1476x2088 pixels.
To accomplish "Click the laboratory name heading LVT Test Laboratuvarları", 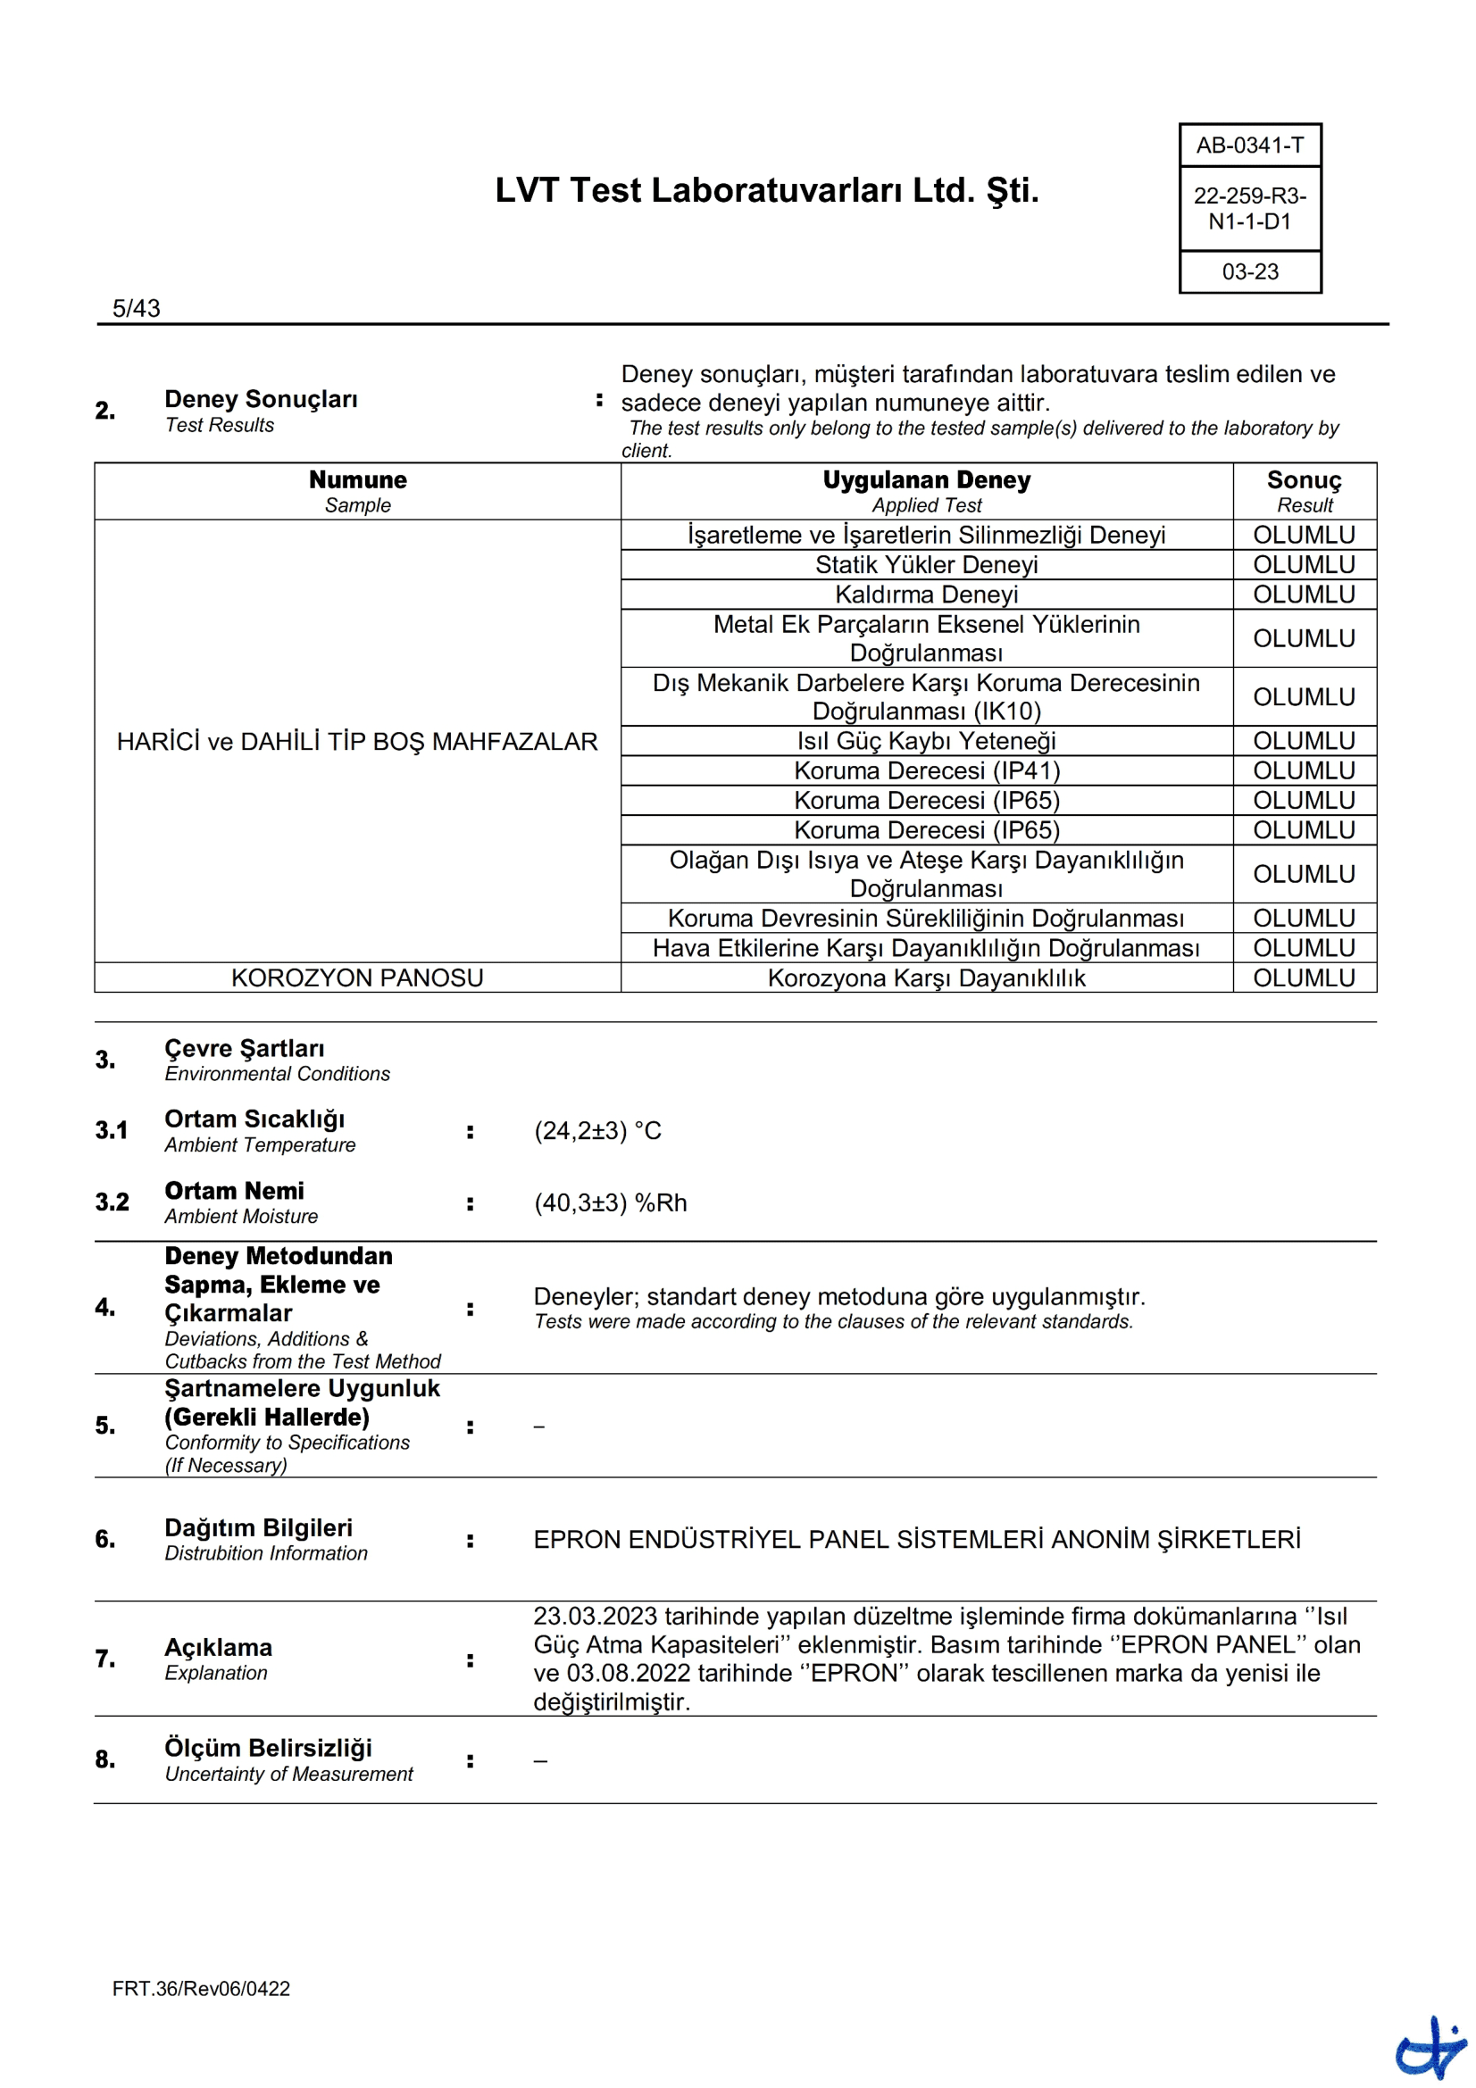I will coord(767,191).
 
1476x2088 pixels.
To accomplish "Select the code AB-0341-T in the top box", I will coord(1249,146).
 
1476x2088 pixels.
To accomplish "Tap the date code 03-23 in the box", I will coord(1249,272).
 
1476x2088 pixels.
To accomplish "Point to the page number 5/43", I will coord(137,308).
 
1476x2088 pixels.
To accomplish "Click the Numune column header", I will coord(357,480).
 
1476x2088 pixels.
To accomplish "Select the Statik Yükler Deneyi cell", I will coord(926,565).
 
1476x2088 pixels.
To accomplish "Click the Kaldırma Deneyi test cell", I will coord(926,595).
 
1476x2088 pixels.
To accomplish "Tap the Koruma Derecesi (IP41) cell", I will coord(926,771).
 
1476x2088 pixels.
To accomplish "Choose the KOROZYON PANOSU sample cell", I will coord(357,977).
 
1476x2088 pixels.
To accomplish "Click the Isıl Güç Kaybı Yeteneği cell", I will coord(926,741).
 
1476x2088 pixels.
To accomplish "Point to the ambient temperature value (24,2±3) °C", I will coord(597,1130).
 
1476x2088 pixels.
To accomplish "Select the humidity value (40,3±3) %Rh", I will coord(610,1202).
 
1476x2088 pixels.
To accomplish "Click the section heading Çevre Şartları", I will coord(244,1049).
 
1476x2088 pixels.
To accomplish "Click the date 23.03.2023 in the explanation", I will coord(595,1616).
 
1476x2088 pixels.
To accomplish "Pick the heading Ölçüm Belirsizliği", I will coord(268,1748).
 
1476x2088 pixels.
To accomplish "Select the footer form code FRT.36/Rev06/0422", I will coord(201,1989).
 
